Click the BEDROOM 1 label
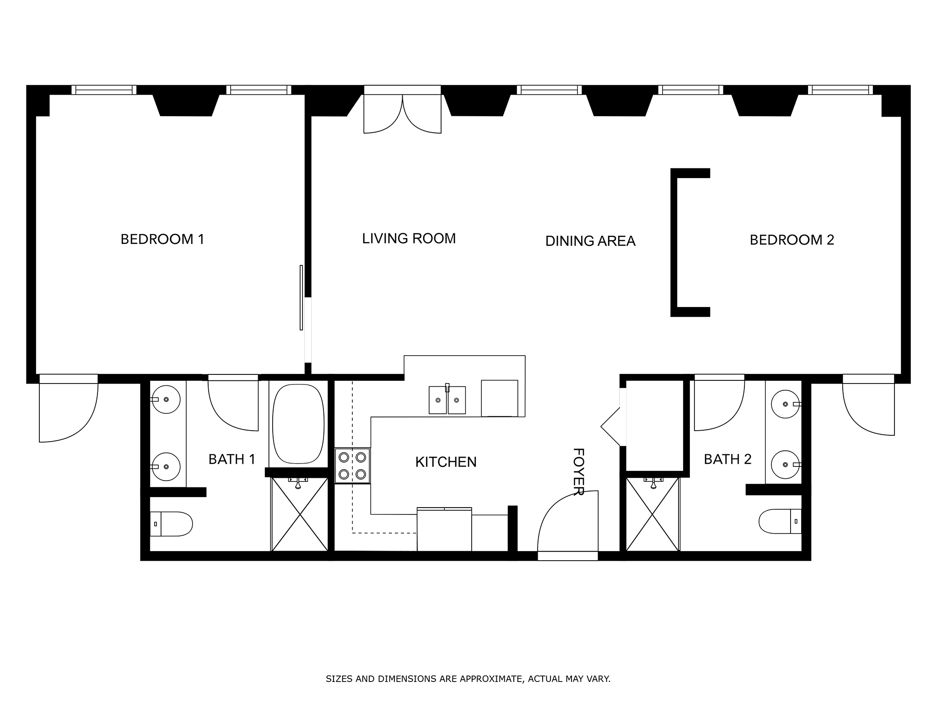[162, 239]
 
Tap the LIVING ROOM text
[409, 238]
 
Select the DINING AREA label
[590, 241]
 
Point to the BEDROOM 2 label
[792, 240]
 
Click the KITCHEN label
[446, 462]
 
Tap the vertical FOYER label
[579, 471]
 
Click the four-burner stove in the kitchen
[352, 465]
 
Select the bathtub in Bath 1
[298, 424]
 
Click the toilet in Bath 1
[171, 524]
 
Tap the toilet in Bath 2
[780, 521]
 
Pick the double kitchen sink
[447, 400]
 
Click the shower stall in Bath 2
[652, 514]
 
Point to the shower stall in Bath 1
[300, 514]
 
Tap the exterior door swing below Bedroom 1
[69, 408]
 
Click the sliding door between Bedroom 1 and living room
[302, 297]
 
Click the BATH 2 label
[727, 459]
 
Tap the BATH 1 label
[232, 459]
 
